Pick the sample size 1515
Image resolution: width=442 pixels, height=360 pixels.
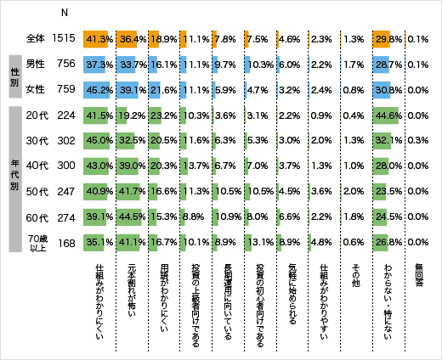coord(65,38)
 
